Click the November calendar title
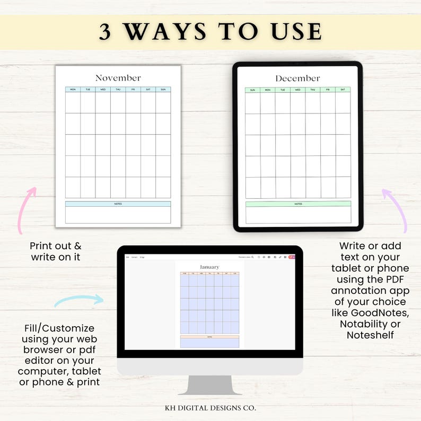118,78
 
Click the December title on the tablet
297,78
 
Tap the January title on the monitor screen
209,267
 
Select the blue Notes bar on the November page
118,204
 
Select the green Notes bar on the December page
298,204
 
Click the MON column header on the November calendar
73,90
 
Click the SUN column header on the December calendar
252,90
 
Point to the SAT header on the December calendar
343,90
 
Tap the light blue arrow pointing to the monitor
80,301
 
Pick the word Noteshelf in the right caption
370,335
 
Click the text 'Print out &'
55,246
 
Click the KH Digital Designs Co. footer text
210,408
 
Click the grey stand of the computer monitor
209,384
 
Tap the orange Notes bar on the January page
209,337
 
